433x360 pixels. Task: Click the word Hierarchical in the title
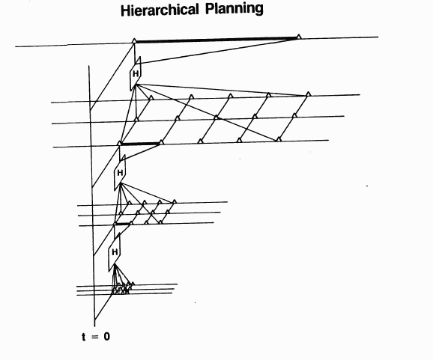point(160,10)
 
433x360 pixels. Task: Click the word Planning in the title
point(234,10)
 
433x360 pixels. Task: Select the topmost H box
point(136,73)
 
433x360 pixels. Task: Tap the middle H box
point(120,173)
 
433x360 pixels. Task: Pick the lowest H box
point(115,252)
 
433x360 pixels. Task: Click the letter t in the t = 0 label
point(84,337)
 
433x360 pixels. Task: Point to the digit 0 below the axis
point(106,337)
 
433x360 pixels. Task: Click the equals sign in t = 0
point(94,337)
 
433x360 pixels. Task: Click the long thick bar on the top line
point(216,40)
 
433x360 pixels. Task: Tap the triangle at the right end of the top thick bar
point(298,37)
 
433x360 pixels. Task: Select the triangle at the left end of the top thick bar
point(134,41)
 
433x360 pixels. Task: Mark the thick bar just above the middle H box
point(140,144)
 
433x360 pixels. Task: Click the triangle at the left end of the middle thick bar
point(119,143)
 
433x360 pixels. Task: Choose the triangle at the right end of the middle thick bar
point(162,142)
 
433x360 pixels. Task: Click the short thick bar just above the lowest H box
point(122,224)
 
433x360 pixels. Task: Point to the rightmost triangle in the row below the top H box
point(309,94)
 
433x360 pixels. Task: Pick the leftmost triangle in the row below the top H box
point(151,97)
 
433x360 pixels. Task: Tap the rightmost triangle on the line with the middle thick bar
point(279,139)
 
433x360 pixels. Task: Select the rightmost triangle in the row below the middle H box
point(175,201)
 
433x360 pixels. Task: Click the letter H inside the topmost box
point(136,74)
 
